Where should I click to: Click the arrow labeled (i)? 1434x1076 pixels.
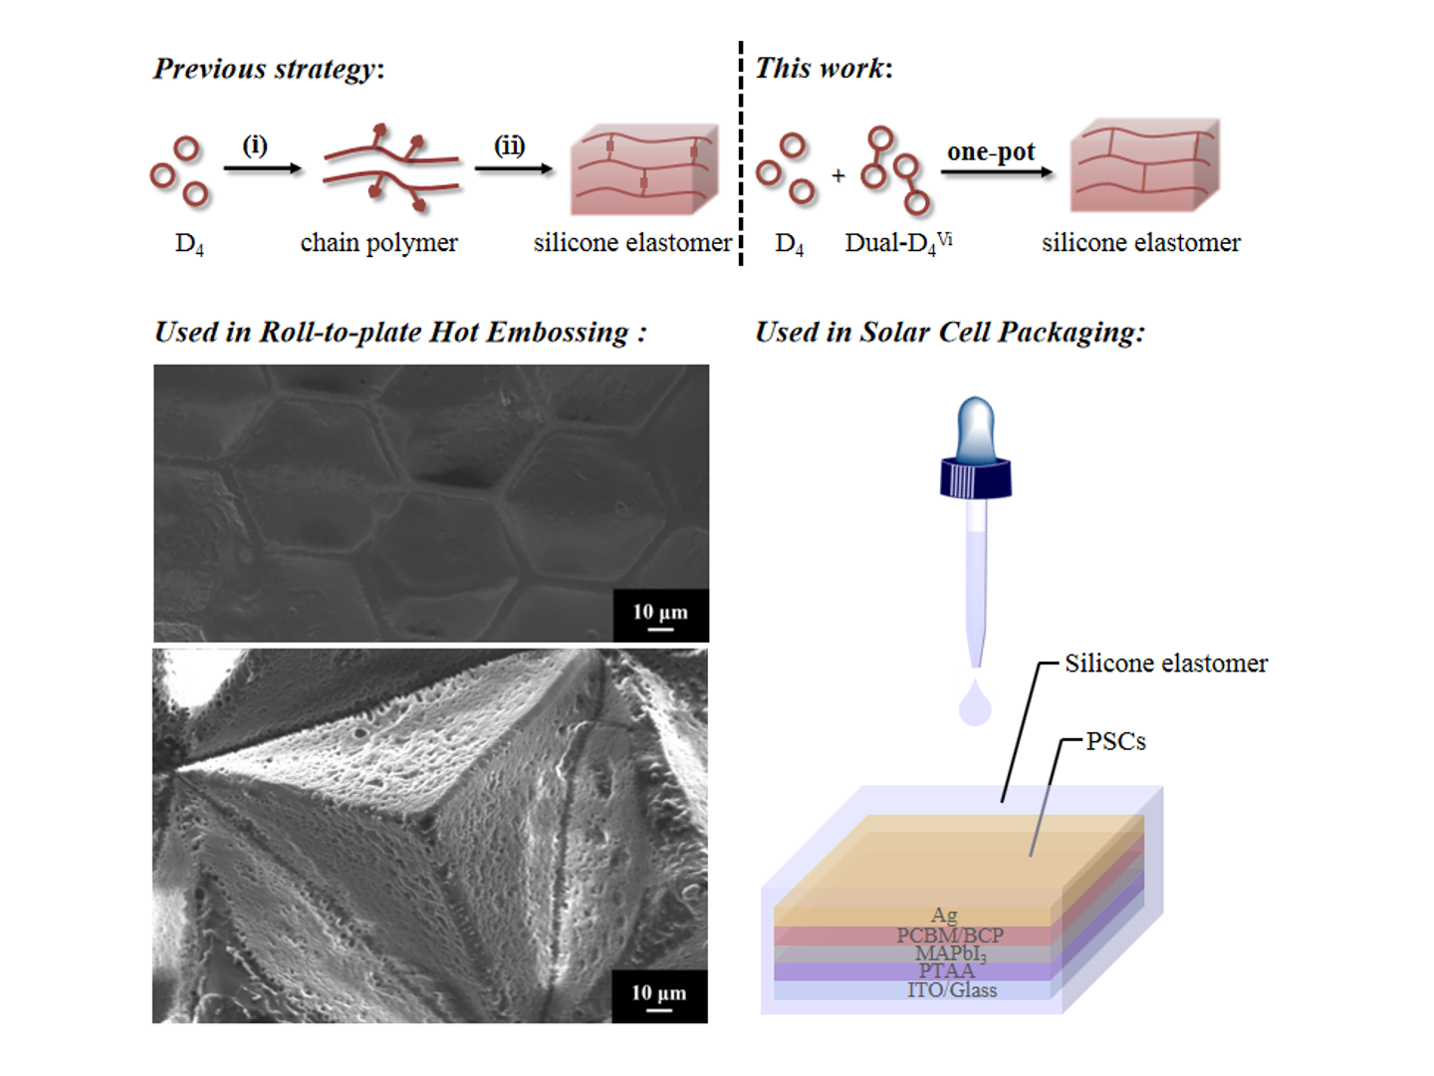coord(262,168)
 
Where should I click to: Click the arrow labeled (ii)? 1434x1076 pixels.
coord(513,168)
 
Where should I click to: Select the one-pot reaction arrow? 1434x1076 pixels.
coord(996,171)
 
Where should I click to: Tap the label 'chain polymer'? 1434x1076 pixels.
coord(378,243)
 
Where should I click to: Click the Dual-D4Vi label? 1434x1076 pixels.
coord(898,243)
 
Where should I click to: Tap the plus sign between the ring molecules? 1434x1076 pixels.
coord(838,176)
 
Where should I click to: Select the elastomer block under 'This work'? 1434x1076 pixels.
coord(1144,166)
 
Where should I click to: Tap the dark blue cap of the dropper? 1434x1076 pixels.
coord(976,478)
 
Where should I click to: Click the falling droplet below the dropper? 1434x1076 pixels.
coord(975,704)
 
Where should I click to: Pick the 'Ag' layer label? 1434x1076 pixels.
coord(944,915)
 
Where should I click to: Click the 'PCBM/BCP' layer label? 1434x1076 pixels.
coord(950,936)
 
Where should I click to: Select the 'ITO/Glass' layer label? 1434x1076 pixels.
coord(952,990)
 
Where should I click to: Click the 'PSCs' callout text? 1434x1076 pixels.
coord(1115,741)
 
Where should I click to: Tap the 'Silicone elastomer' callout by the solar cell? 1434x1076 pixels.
coord(1166,664)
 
